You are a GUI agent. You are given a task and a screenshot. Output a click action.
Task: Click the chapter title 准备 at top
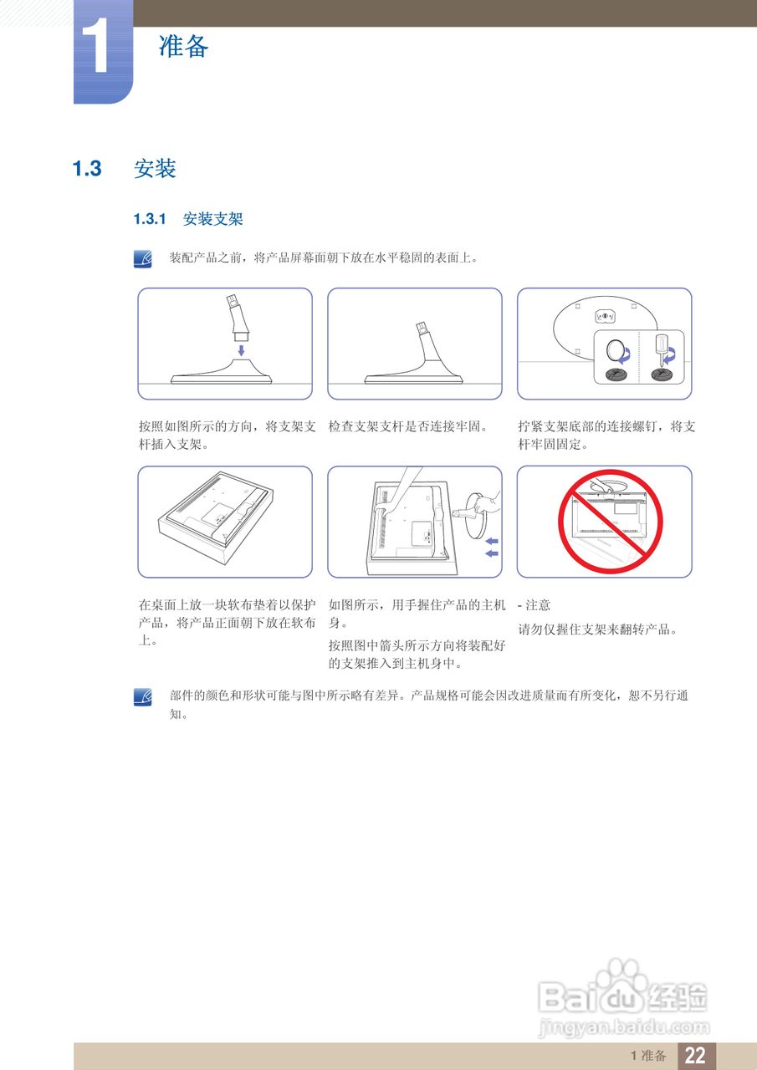[183, 46]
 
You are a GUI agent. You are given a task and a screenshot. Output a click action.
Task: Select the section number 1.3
[87, 169]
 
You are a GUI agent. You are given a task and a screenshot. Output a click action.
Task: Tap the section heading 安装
[155, 169]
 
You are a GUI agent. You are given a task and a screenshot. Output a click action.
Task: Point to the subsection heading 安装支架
[212, 220]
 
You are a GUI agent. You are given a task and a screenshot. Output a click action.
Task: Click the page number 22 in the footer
[695, 1055]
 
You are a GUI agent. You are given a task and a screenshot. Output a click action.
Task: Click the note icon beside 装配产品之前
[143, 258]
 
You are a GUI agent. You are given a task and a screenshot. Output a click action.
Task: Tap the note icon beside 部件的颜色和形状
[143, 696]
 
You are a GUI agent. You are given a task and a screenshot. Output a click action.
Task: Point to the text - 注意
[535, 605]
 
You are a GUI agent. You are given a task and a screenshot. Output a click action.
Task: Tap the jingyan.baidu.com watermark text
[623, 1027]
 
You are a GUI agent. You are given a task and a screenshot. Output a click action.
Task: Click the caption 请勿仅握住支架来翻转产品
[597, 629]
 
